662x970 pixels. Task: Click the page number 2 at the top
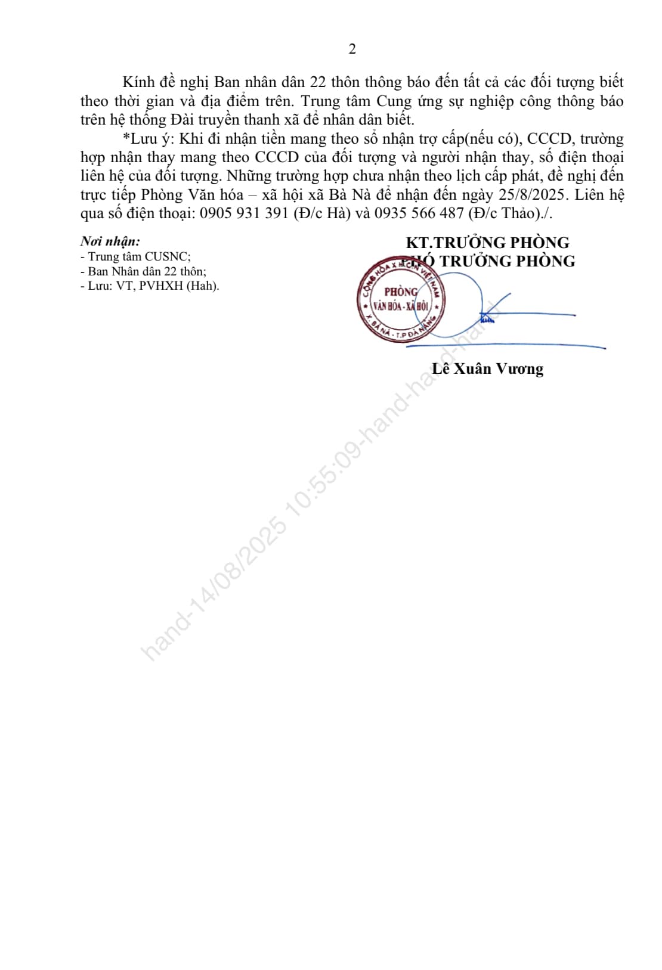click(x=352, y=49)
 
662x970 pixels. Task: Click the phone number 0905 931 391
click(x=245, y=213)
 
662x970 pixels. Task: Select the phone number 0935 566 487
click(x=419, y=213)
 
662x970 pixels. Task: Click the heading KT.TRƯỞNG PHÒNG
click(x=487, y=243)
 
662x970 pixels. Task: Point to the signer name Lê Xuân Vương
click(x=487, y=369)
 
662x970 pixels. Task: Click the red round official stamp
click(x=400, y=299)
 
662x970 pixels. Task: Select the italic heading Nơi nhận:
click(x=110, y=241)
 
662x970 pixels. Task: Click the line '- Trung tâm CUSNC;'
click(x=135, y=256)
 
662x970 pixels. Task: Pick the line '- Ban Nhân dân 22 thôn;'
click(x=143, y=271)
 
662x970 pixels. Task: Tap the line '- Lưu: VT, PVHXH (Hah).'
click(x=150, y=286)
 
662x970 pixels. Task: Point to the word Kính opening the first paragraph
click(x=138, y=82)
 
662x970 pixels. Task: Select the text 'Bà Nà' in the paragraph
click(x=350, y=194)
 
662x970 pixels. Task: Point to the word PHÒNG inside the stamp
click(x=400, y=292)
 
